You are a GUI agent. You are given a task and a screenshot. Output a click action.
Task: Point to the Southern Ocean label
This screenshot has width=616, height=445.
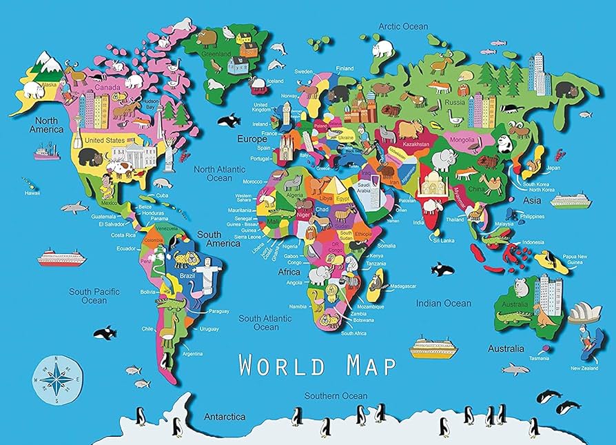coord(336,396)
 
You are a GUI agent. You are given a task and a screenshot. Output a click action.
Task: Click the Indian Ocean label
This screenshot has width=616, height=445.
coord(444,303)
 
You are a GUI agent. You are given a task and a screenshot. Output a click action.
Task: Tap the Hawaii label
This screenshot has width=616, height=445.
coord(32,193)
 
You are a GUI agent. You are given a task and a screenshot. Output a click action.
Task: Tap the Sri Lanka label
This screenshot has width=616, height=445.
coord(441,241)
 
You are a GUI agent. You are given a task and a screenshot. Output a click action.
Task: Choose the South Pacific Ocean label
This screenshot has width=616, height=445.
coord(94,296)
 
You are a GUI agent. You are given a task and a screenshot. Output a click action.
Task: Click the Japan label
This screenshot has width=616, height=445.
coord(553,168)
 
